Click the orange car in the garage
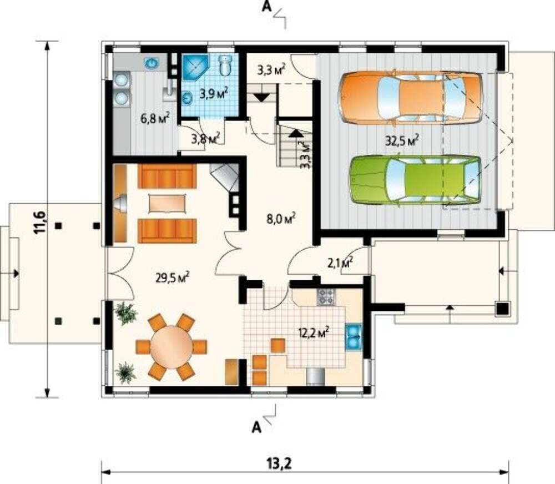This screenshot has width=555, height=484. coord(411,98)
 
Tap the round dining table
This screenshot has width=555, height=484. coord(171,347)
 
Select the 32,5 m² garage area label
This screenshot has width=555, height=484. coord(402,140)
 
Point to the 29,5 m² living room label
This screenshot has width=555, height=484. coord(173,277)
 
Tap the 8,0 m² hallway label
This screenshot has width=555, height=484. coord(281,218)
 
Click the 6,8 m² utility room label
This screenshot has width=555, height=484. coord(155,118)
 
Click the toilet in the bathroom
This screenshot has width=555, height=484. coord(225,65)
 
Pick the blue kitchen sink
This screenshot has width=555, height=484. coord(354,336)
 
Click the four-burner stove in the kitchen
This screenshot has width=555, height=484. coord(326,297)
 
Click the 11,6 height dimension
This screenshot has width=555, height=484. coord(39,222)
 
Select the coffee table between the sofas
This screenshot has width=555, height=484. coord(167,204)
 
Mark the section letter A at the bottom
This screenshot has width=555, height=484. coord(256,427)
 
